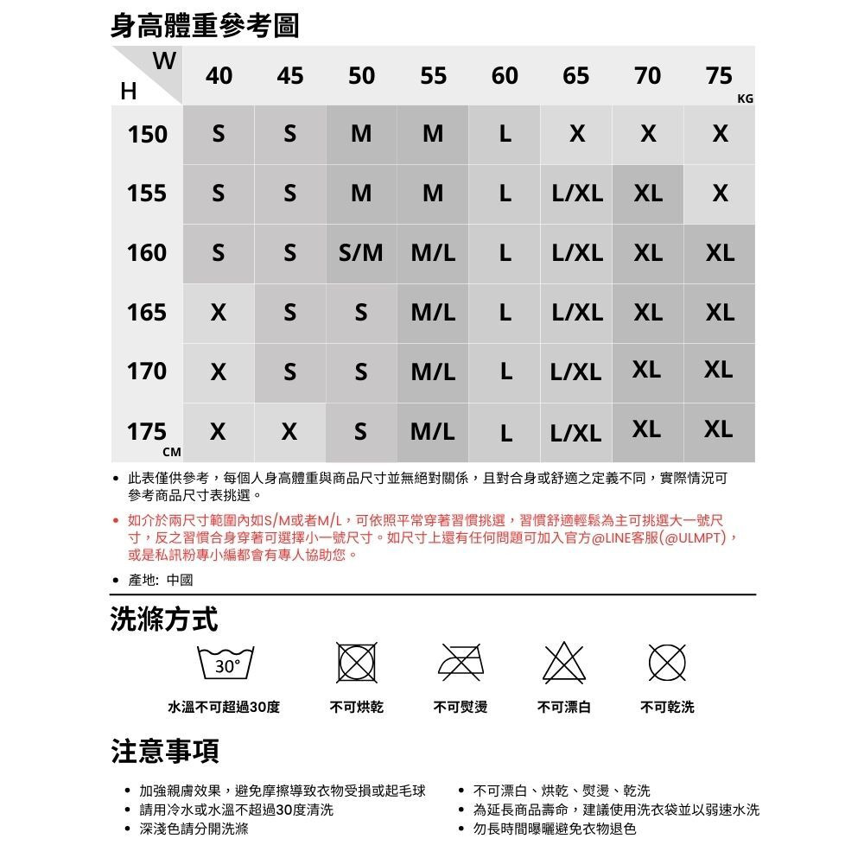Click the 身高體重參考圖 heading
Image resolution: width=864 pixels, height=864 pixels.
click(x=205, y=25)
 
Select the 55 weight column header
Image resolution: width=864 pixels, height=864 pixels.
click(x=433, y=76)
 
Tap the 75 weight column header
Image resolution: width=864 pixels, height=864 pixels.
click(x=719, y=76)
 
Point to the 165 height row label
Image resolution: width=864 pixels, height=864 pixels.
click(x=147, y=312)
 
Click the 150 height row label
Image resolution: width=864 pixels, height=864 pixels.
click(x=147, y=135)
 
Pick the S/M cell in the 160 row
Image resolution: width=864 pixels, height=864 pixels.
click(x=361, y=253)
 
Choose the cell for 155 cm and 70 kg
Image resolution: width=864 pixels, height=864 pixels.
click(x=648, y=194)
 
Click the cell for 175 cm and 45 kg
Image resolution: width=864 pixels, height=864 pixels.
click(x=290, y=430)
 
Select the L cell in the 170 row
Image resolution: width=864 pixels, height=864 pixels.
click(x=505, y=372)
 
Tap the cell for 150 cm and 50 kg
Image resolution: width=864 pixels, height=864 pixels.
click(x=361, y=135)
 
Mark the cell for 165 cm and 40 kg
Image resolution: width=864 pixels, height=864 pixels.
click(x=219, y=312)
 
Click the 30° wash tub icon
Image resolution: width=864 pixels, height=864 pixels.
click(x=227, y=664)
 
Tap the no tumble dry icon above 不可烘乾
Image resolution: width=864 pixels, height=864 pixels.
click(x=358, y=664)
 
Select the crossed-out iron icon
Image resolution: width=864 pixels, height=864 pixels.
click(x=461, y=664)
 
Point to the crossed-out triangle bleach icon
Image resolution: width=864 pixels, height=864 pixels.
click(x=564, y=664)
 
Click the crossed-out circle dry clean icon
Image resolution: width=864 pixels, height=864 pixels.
click(x=667, y=664)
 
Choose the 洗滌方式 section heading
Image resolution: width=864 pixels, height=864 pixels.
click(x=164, y=619)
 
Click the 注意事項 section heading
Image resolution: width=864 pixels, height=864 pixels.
click(x=164, y=751)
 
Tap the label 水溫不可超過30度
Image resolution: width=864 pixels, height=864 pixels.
click(x=224, y=708)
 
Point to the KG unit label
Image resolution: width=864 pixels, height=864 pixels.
click(x=746, y=99)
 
